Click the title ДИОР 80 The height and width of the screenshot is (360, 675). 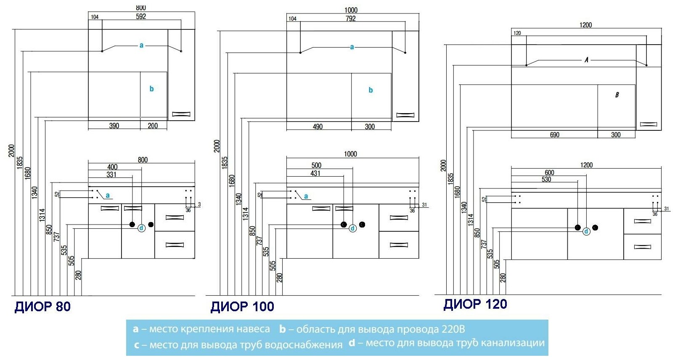click(x=42, y=306)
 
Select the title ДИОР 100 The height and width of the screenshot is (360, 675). click(x=242, y=307)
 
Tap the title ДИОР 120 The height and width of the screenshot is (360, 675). click(x=475, y=304)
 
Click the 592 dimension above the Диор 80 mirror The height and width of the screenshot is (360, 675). click(x=141, y=16)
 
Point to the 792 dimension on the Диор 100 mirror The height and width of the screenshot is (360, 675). click(x=350, y=19)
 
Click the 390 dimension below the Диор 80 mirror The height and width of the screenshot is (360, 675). click(x=114, y=126)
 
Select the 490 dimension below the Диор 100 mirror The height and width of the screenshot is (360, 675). click(x=318, y=127)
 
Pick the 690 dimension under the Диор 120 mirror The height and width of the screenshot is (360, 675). click(x=554, y=135)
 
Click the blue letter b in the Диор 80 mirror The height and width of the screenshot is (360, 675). click(x=151, y=89)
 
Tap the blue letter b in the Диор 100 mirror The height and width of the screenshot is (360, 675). click(x=371, y=90)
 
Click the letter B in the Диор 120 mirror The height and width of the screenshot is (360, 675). click(x=617, y=95)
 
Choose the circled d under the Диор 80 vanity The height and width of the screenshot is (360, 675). click(x=142, y=228)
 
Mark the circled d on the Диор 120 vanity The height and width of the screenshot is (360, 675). click(x=586, y=231)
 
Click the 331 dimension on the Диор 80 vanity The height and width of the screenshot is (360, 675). click(x=111, y=175)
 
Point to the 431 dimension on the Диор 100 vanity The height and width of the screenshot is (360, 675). click(x=315, y=173)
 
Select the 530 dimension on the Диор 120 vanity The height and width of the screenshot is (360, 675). click(x=546, y=180)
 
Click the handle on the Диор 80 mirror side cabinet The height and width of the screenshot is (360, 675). click(x=181, y=114)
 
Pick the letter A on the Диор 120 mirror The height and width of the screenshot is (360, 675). click(x=586, y=60)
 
